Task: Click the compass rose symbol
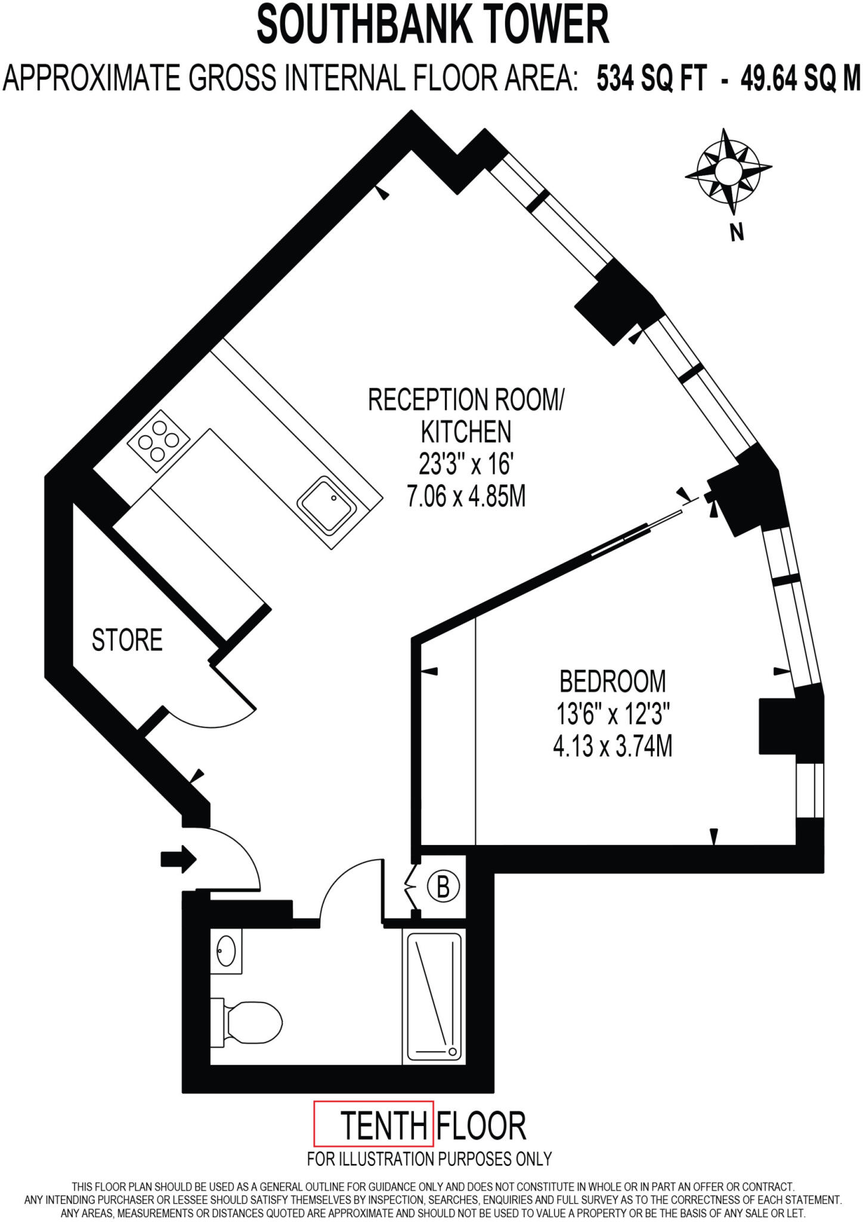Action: [x=728, y=172]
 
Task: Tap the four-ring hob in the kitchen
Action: [x=158, y=442]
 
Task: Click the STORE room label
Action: [x=127, y=640]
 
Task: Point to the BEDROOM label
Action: [x=612, y=681]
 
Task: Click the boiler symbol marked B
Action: [x=443, y=887]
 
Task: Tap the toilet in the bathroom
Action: [x=250, y=1024]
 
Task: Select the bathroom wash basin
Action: [x=227, y=951]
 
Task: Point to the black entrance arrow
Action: [x=178, y=859]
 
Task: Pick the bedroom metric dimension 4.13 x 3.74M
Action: [x=612, y=746]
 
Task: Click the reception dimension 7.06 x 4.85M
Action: [x=466, y=496]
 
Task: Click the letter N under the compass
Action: [x=738, y=232]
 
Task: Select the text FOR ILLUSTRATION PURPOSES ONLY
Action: [x=429, y=1159]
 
